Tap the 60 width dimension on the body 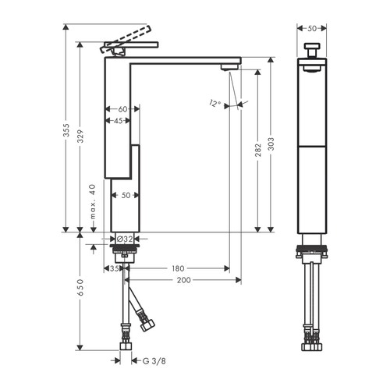(x=122, y=109)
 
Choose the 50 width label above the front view (x=313, y=28)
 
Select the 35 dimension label (x=114, y=268)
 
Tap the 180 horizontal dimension (x=179, y=268)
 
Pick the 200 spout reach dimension (x=183, y=279)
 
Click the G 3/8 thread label (x=144, y=360)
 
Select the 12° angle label (x=215, y=103)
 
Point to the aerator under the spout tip (x=227, y=68)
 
